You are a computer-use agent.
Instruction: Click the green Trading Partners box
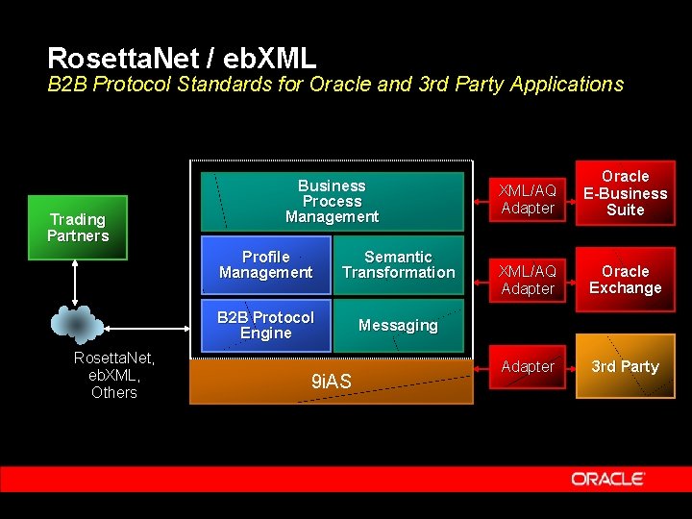tap(78, 228)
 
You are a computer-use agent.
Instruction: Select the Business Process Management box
tap(332, 201)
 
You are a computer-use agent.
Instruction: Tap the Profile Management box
tap(265, 264)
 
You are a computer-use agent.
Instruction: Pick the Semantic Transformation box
tap(398, 264)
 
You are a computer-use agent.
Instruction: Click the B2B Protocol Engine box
tap(265, 325)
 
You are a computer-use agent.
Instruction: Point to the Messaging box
tap(398, 326)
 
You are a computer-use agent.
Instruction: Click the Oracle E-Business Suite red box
tap(625, 193)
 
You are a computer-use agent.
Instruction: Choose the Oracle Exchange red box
tap(625, 280)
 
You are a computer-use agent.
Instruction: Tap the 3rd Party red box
tap(625, 366)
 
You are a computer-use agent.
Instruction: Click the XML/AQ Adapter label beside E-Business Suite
tap(528, 199)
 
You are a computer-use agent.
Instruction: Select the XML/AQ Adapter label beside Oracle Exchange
tap(528, 280)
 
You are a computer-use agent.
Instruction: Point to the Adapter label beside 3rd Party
tap(528, 366)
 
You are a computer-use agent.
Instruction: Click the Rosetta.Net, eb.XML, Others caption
tap(114, 375)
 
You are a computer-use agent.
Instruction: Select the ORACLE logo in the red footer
tap(607, 479)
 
